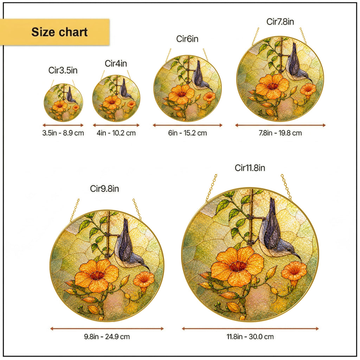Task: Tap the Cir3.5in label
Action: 63,70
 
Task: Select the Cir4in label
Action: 116,63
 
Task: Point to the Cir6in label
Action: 187,39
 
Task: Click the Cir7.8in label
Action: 280,21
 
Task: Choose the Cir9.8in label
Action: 104,189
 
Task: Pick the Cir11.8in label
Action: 250,168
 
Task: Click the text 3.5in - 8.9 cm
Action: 63,133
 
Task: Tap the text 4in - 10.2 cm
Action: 116,133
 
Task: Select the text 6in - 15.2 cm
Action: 187,133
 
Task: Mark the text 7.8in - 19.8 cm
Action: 280,133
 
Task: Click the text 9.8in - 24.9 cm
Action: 107,336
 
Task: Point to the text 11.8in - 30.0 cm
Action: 250,336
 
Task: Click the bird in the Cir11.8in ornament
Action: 276,232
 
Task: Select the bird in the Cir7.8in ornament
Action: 297,64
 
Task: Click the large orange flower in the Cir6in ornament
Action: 181,94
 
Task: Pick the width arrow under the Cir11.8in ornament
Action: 250,329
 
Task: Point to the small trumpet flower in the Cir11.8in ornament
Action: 294,273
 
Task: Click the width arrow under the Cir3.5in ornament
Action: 63,125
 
